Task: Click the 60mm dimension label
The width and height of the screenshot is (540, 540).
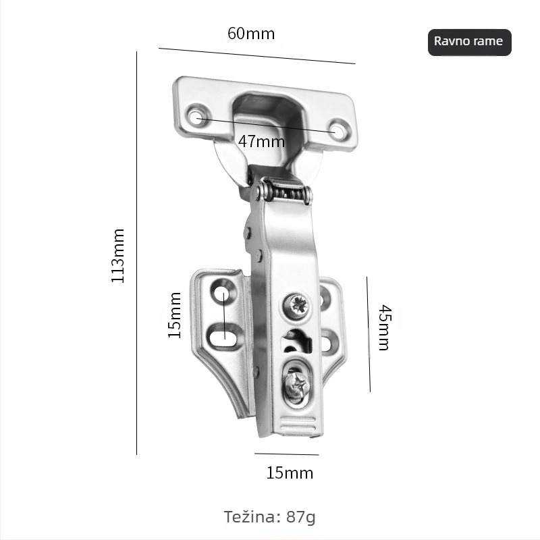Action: click(x=251, y=34)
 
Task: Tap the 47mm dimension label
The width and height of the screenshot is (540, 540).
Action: click(x=261, y=142)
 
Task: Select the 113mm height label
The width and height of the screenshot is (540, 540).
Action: click(x=117, y=256)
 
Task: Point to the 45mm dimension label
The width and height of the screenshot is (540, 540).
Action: click(x=385, y=327)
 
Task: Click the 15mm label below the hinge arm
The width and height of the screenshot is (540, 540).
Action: click(x=290, y=473)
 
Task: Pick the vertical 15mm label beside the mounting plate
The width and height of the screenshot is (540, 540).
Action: click(x=174, y=315)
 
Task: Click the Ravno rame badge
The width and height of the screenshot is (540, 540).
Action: click(x=469, y=42)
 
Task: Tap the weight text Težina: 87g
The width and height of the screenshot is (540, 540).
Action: click(x=269, y=517)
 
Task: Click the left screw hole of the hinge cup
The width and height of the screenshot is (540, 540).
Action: click(x=197, y=117)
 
